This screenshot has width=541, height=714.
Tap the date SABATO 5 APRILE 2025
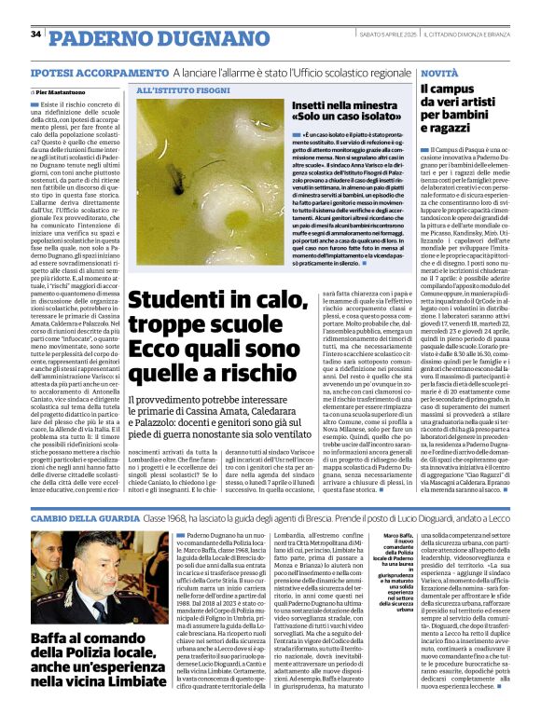(383, 34)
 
